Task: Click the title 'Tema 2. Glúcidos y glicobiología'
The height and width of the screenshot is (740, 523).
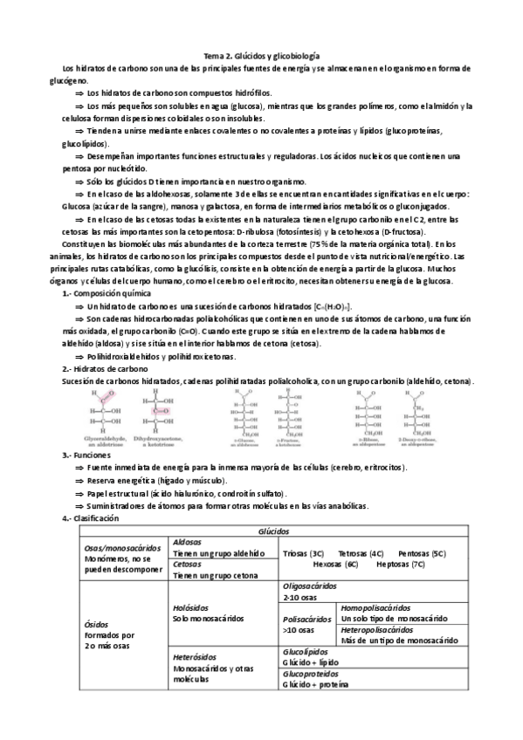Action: pyautogui.click(x=261, y=54)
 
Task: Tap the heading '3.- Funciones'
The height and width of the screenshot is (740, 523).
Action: pyautogui.click(x=83, y=456)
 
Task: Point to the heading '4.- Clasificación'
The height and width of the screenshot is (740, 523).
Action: pyautogui.click(x=90, y=518)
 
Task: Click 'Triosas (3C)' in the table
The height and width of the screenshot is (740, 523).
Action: pyautogui.click(x=305, y=553)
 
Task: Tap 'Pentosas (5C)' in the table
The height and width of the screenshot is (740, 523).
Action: pyautogui.click(x=422, y=553)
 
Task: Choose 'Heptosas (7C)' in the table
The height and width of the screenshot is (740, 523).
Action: pyautogui.click(x=401, y=565)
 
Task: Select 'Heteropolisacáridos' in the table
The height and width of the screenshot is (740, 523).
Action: pyautogui.click(x=377, y=629)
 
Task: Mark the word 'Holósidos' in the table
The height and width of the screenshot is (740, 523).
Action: pyautogui.click(x=193, y=607)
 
